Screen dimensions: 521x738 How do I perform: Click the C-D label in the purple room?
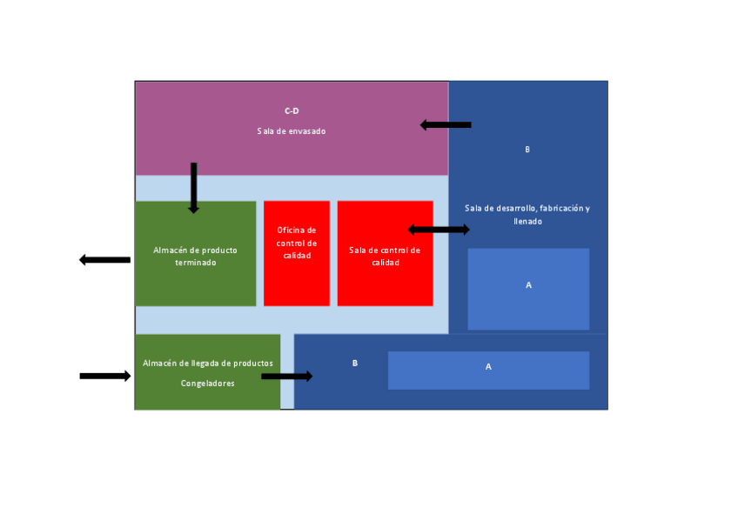click(292, 111)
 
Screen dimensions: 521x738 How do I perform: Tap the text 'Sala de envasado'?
click(292, 131)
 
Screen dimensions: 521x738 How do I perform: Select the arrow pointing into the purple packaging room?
click(446, 125)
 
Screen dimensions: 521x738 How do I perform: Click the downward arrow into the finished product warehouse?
click(194, 188)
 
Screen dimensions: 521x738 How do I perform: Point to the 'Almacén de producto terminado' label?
click(195, 256)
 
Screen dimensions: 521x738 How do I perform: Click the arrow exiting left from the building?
click(104, 259)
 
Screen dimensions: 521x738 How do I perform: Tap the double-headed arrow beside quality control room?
click(439, 230)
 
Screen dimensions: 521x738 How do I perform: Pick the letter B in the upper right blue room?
click(527, 150)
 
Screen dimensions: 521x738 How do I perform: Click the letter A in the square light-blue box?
click(528, 285)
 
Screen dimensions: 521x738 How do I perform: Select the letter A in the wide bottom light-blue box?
click(488, 367)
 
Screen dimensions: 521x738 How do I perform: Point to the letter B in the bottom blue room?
click(355, 363)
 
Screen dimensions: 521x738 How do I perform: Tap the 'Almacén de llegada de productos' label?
click(208, 363)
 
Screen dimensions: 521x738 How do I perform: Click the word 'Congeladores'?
click(208, 383)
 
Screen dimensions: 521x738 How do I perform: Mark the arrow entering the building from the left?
click(104, 376)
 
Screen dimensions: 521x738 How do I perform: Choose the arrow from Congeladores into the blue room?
click(286, 377)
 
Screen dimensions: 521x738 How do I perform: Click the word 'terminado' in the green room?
click(195, 262)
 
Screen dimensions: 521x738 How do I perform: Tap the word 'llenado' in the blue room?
click(527, 222)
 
